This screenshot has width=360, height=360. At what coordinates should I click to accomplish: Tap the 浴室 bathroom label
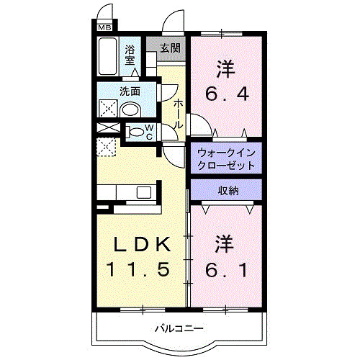[x=130, y=55]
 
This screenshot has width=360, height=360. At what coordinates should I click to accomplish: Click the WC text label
[x=150, y=132]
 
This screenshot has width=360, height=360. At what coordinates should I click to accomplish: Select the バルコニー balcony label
[x=179, y=329]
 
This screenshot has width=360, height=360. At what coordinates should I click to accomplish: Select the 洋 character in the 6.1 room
[x=226, y=243]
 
